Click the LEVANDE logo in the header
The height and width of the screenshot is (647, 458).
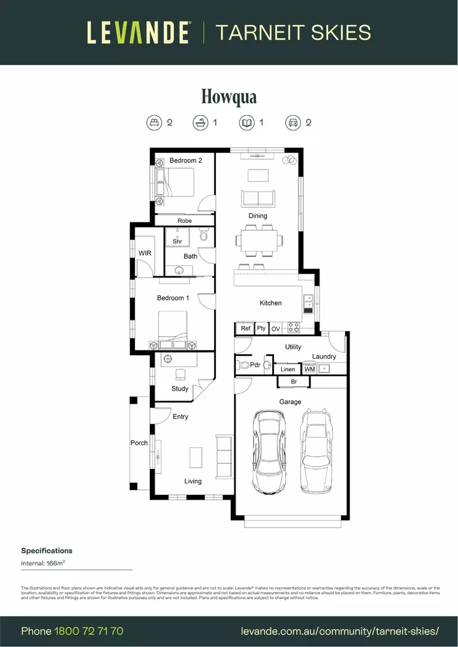tap(139, 32)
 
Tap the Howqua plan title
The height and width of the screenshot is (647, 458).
tap(229, 96)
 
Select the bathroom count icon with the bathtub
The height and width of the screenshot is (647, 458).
tap(200, 123)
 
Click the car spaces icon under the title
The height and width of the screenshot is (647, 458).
tap(293, 123)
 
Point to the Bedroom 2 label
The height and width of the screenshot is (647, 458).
tap(185, 161)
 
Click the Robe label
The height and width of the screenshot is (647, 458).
tap(185, 221)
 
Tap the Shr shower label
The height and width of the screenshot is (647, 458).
tap(177, 241)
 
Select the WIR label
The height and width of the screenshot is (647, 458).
tap(144, 253)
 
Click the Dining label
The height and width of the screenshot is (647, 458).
tap(258, 216)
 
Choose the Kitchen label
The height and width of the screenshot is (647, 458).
tap(270, 303)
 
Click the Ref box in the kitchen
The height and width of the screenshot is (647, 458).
tap(245, 329)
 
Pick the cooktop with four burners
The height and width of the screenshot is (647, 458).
tap(294, 328)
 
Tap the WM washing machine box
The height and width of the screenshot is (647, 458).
tap(309, 370)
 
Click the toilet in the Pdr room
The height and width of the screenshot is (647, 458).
tap(244, 365)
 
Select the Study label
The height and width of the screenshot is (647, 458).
tap(180, 389)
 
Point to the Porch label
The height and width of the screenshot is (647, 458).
tap(139, 443)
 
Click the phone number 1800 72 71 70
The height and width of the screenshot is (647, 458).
tap(89, 631)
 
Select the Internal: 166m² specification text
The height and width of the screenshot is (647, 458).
tap(43, 563)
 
